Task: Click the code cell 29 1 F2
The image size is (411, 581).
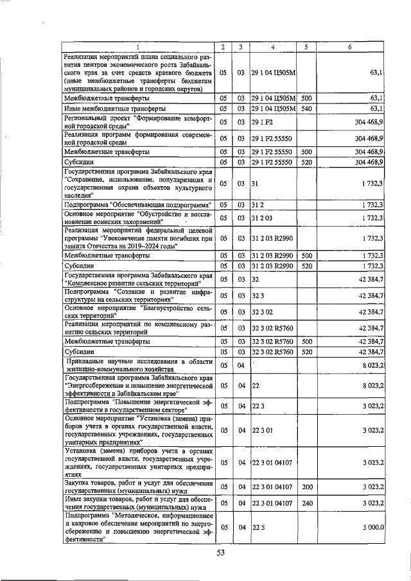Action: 263,121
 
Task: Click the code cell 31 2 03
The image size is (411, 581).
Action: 263,219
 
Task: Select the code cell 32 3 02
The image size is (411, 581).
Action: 263,311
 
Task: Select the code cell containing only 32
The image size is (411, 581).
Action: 256,280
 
